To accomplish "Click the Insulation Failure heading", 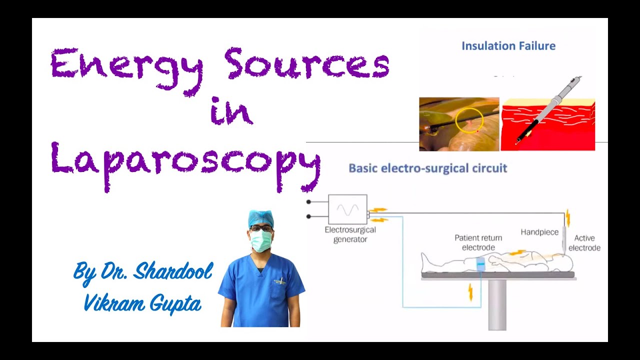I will click(x=508, y=46).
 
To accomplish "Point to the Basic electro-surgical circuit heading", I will click(x=427, y=168).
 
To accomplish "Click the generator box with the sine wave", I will click(x=347, y=209).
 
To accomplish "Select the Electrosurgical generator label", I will click(x=350, y=234).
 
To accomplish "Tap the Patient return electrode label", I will click(x=478, y=242).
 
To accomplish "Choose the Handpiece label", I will click(x=539, y=232).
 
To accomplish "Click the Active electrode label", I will click(x=584, y=243).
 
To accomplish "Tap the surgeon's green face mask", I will click(x=261, y=241).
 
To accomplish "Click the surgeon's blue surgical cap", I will click(x=260, y=218).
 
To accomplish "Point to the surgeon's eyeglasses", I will click(x=260, y=228).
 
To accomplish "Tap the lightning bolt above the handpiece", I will click(x=567, y=218).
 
